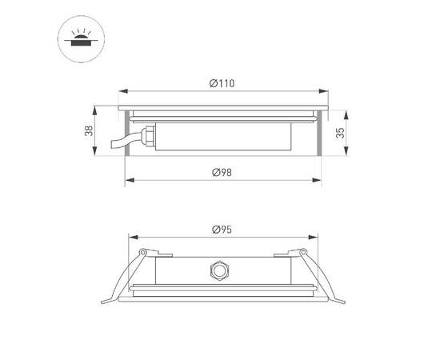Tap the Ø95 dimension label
coord(222,230)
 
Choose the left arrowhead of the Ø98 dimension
coord(128,178)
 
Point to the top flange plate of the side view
coord(224,106)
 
